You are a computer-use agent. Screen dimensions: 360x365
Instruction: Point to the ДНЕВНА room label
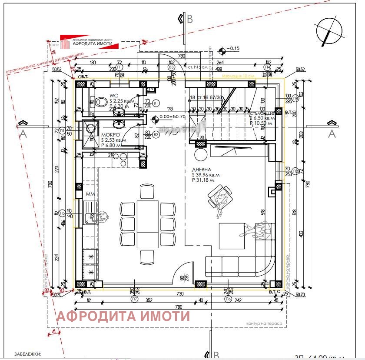(202, 170)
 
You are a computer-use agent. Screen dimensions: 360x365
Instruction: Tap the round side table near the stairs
(201, 155)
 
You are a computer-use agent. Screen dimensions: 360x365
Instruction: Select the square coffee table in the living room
(232, 235)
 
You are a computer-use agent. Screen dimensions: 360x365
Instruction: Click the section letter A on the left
(23, 134)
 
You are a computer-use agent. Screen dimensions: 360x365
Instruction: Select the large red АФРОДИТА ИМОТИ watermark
(123, 316)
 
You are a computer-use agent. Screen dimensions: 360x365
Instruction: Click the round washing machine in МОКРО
(91, 129)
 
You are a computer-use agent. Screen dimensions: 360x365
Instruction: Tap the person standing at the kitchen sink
(103, 216)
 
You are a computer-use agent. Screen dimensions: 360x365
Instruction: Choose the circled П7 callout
(135, 299)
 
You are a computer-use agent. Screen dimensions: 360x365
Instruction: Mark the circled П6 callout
(227, 299)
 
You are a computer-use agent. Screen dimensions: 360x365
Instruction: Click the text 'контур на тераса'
(264, 324)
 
